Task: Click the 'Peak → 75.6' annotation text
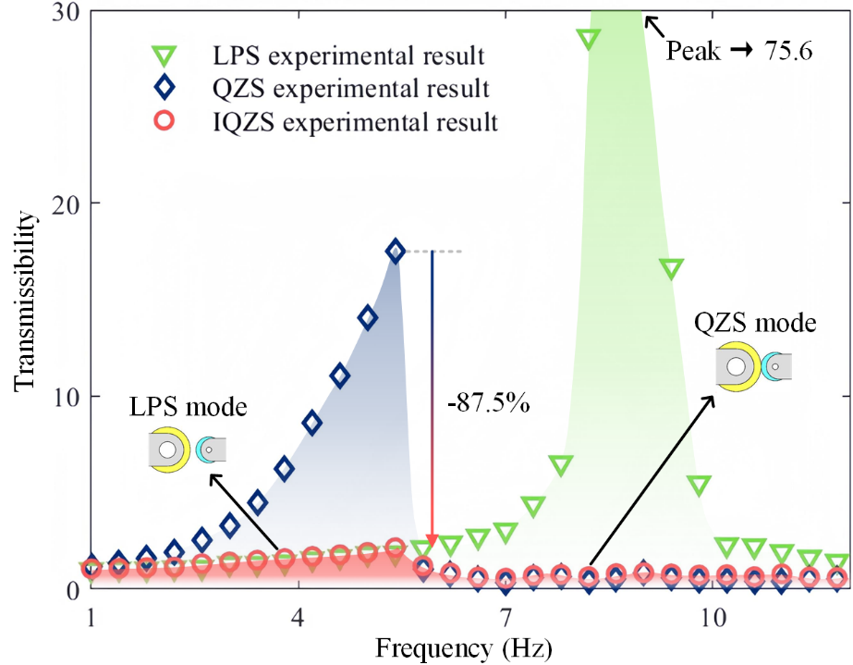[739, 52]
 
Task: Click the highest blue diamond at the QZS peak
[396, 251]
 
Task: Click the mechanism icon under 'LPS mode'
[186, 450]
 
